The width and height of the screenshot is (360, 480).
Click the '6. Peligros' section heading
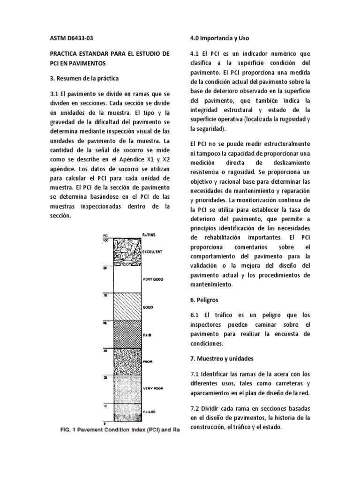coord(204,299)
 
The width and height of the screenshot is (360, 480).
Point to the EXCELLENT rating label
coord(152,252)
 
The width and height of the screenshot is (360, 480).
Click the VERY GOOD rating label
coord(152,279)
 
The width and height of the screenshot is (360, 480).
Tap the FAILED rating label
coord(148,412)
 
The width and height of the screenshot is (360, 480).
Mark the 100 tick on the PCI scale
coord(105,240)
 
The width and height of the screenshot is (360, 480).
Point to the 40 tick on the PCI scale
coord(106,350)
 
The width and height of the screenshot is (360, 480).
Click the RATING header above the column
coord(149,234)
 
